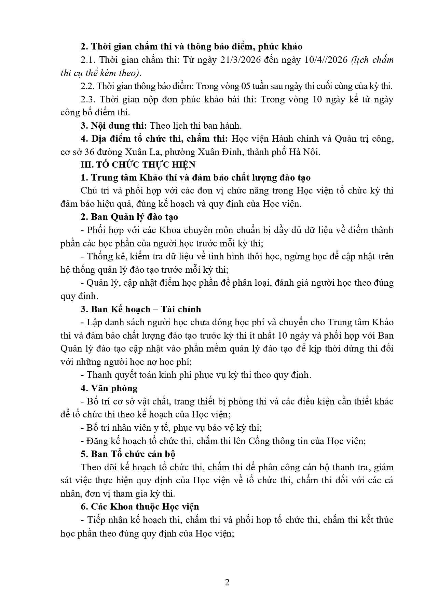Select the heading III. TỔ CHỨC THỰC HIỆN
(x=138, y=165)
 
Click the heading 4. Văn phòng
(x=109, y=388)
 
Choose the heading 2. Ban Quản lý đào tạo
(x=129, y=217)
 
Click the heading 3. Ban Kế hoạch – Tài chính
(x=141, y=309)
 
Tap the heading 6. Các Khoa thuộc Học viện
(x=140, y=507)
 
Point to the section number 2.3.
(x=88, y=100)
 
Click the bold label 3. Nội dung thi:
(x=114, y=126)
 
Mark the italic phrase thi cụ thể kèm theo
(x=100, y=73)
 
